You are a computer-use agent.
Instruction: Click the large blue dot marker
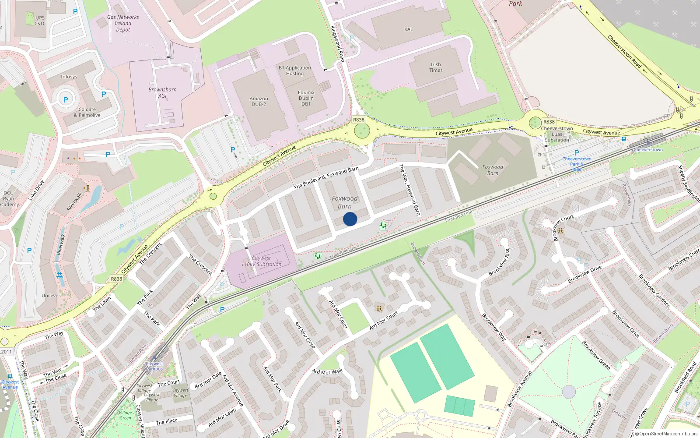pos(350,219)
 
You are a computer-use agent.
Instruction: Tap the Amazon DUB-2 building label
pos(259,102)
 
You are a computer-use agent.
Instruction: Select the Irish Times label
pos(436,67)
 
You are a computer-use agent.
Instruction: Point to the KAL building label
pos(408,29)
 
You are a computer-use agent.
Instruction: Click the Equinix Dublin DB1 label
pos(306,98)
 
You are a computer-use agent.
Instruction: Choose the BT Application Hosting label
pos(295,71)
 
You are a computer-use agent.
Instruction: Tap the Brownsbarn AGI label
pos(162,92)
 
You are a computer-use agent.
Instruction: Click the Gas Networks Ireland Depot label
pos(123,23)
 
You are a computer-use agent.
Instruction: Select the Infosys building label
pos(69,77)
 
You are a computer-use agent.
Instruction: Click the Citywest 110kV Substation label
pos(261,261)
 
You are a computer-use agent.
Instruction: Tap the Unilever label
pos(51,295)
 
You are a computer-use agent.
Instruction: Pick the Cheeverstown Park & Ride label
pos(577,164)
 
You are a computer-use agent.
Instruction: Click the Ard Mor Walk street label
pos(327,372)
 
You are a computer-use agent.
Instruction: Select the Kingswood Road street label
pos(337,43)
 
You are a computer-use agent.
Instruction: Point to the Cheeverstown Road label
pos(624,52)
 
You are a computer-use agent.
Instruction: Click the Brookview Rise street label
pos(499,262)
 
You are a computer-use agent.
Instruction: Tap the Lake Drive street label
pos(36,191)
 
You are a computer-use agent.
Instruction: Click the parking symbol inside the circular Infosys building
pos(66,100)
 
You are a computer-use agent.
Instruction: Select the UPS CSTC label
pos(40,21)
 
